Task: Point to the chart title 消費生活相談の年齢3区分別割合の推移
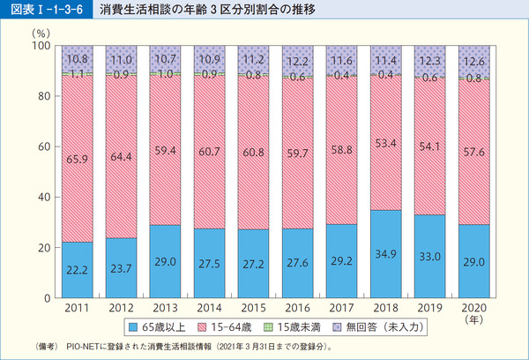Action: pos(194,11)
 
